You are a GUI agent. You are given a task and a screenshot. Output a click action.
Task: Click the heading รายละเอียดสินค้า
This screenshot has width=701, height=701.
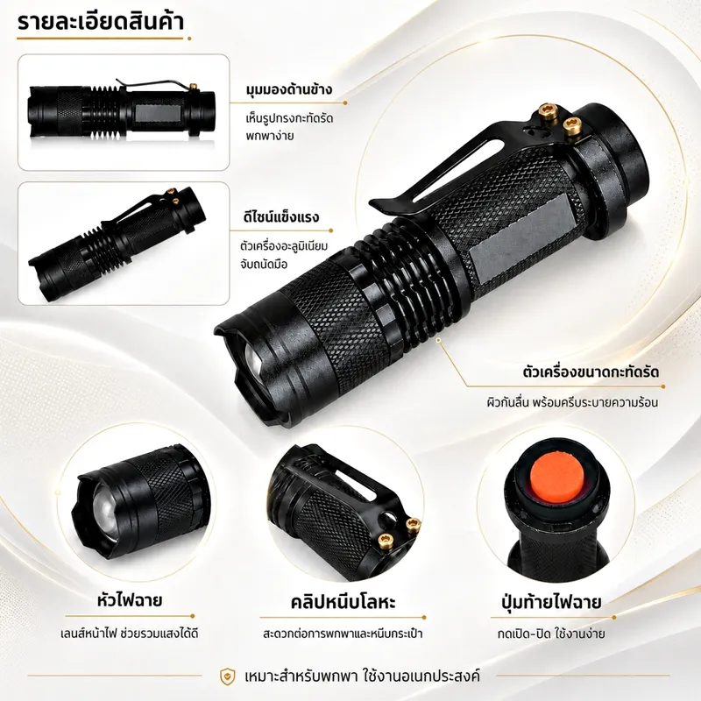pyautogui.click(x=101, y=23)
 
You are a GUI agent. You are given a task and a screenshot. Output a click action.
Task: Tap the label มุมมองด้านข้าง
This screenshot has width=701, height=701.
pyautogui.click(x=289, y=89)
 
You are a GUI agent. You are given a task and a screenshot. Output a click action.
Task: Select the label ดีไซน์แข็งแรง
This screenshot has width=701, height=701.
pyautogui.click(x=281, y=217)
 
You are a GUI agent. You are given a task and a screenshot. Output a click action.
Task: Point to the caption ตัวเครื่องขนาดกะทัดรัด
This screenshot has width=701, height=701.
pyautogui.click(x=591, y=372)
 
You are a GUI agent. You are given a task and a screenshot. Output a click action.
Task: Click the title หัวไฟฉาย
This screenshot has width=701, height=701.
pyautogui.click(x=129, y=600)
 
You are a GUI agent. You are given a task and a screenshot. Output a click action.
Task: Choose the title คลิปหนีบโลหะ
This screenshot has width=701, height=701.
pyautogui.click(x=343, y=602)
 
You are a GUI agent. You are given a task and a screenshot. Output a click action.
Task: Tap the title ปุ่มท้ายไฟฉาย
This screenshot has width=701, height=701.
pyautogui.click(x=551, y=602)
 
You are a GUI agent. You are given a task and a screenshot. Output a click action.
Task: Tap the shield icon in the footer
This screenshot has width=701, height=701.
pyautogui.click(x=227, y=676)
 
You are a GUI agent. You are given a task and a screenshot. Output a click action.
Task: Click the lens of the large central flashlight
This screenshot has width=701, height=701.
pyautogui.click(x=255, y=359)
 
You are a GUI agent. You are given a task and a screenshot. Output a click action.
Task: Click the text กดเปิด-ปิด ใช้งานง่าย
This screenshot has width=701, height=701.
pyautogui.click(x=551, y=634)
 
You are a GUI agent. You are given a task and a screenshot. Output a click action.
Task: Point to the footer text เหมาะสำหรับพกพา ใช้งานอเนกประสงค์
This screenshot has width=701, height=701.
pyautogui.click(x=363, y=676)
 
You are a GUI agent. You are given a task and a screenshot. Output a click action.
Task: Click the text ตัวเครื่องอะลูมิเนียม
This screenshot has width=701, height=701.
pyautogui.click(x=284, y=246)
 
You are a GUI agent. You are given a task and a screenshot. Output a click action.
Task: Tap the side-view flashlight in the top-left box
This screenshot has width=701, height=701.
pyautogui.click(x=121, y=110)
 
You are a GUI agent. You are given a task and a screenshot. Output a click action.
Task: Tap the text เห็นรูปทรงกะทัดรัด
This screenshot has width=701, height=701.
pyautogui.click(x=289, y=119)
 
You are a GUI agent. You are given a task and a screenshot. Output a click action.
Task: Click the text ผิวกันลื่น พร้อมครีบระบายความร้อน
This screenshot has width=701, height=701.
pyautogui.click(x=572, y=402)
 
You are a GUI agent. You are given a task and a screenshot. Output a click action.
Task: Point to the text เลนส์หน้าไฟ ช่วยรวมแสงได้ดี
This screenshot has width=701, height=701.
pyautogui.click(x=129, y=634)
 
